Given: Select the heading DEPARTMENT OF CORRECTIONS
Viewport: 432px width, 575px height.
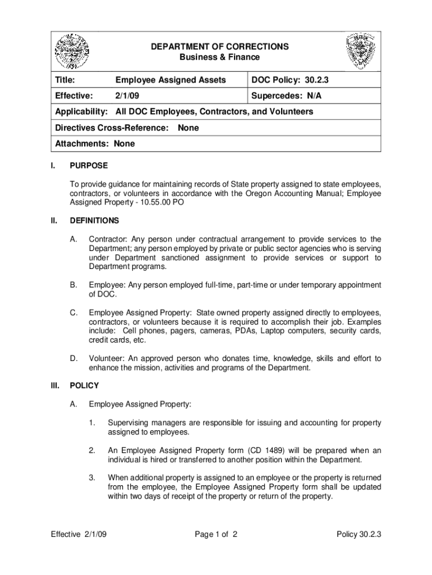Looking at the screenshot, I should click(220, 46).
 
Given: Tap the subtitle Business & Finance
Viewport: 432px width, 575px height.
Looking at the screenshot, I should click(220, 57).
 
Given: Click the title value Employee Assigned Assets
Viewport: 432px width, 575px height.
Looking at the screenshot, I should click(171, 80).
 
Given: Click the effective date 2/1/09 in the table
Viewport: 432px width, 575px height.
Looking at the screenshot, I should click(126, 96).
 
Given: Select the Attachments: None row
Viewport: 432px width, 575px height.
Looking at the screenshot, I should click(95, 144).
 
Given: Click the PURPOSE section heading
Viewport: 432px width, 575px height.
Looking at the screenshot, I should click(89, 166).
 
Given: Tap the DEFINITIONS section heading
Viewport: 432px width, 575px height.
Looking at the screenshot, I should click(94, 221).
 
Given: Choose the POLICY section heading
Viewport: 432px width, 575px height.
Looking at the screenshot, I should click(84, 386).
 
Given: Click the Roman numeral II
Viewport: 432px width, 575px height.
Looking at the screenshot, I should click(54, 221).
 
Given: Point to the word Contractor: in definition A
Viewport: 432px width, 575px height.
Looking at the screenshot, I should click(107, 240).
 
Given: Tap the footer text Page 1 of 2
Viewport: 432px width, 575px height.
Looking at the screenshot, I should click(217, 535).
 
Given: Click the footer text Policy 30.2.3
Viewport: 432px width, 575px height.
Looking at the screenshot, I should click(359, 535).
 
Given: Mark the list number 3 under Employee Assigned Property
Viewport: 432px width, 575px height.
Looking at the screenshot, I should click(91, 478).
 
